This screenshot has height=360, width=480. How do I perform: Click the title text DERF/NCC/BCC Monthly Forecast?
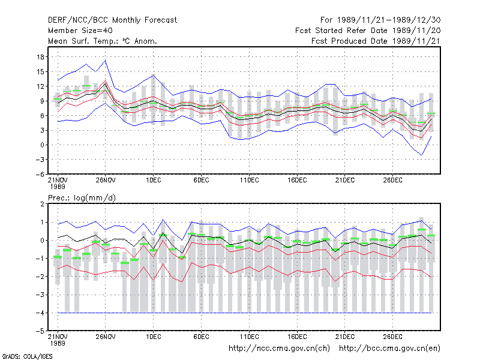tap(112, 20)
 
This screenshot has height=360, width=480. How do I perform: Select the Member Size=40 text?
tap(80, 31)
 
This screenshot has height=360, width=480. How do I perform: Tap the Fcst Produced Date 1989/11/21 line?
tap(376, 41)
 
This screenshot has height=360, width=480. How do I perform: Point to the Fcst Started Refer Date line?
tap(368, 31)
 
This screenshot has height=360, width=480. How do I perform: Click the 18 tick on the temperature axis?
tap(40, 57)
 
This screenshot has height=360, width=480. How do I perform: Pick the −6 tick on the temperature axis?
tap(40, 174)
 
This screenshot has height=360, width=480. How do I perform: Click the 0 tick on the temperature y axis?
tap(42, 145)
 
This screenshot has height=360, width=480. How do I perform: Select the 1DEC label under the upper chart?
tap(154, 181)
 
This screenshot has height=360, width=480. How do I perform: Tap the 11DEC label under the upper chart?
tap(249, 181)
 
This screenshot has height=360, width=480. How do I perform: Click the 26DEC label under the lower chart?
tap(393, 337)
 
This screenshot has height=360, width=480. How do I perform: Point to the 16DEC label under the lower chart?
tap(297, 337)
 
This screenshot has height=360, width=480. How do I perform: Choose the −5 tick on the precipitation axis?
tap(40, 331)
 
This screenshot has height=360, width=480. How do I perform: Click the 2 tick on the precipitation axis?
tap(42, 204)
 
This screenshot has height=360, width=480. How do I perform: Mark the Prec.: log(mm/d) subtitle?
tap(82, 198)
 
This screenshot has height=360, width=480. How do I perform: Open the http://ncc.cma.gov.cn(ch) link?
tap(279, 349)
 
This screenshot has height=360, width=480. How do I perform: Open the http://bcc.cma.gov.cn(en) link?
tap(389, 349)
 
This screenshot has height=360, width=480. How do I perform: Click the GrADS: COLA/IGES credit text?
tap(27, 356)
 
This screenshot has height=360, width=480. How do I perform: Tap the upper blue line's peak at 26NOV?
tap(106, 61)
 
